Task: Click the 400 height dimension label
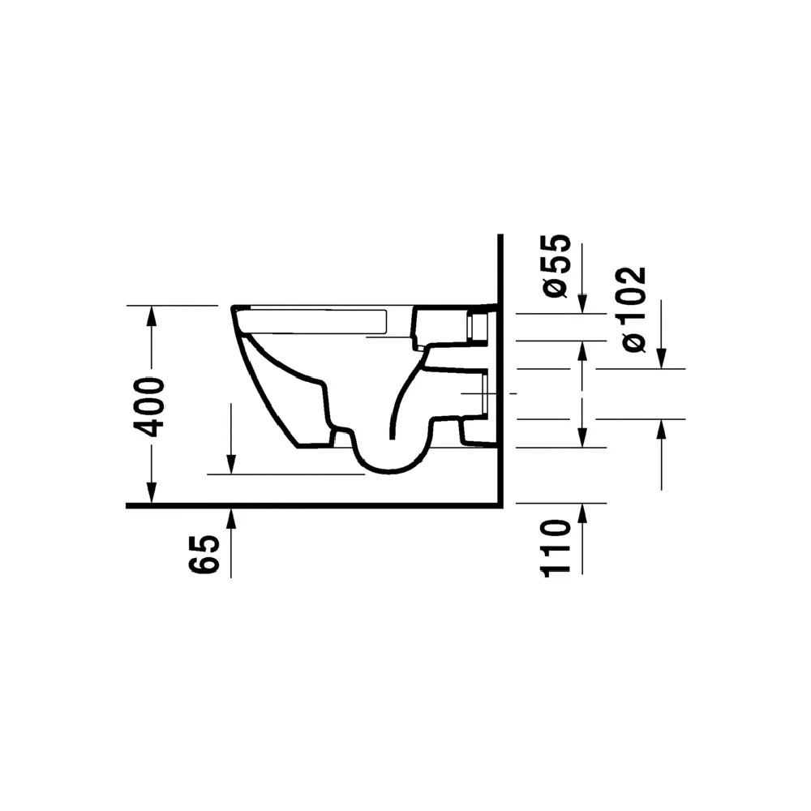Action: (x=149, y=407)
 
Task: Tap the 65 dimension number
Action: (x=204, y=555)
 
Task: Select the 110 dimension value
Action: (x=556, y=548)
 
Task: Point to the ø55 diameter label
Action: (x=556, y=266)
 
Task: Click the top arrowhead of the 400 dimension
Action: (x=151, y=315)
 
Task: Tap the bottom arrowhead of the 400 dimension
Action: (x=151, y=492)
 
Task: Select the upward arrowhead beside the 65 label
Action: (x=231, y=518)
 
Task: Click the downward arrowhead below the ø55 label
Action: (x=581, y=303)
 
